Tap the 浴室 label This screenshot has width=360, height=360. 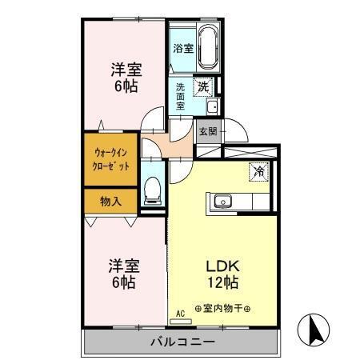click(x=183, y=48)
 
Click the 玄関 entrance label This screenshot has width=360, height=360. click(x=208, y=131)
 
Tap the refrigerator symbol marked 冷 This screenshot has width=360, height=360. click(x=259, y=170)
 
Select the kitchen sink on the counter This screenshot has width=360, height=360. click(x=221, y=201)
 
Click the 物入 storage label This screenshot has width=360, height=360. click(x=110, y=201)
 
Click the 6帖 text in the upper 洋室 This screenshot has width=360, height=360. click(x=123, y=86)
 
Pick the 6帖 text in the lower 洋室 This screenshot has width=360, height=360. click(x=122, y=282)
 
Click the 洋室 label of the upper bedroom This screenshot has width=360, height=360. click(x=124, y=69)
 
